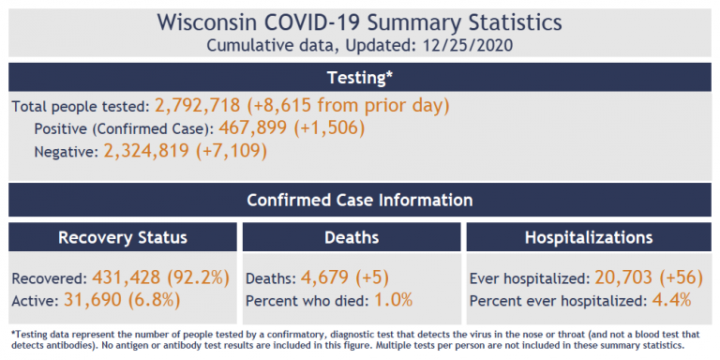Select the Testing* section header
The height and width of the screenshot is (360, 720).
[360, 77]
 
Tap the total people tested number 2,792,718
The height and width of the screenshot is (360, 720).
[198, 106]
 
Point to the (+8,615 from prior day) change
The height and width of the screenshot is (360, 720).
[348, 106]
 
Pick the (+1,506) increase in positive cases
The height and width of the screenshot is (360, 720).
[329, 128]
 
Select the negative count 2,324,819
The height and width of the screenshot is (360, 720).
[146, 151]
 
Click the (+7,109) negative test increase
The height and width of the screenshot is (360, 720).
[231, 151]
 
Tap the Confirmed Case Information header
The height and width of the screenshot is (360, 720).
[360, 201]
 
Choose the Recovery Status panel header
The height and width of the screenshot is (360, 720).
[123, 237]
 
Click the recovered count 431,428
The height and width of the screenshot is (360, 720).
[127, 277]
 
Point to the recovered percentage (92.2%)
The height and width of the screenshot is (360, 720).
[198, 277]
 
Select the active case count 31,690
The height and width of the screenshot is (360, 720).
[92, 299]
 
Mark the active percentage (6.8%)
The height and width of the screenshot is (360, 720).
[154, 299]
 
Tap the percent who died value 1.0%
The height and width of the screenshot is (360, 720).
[394, 300]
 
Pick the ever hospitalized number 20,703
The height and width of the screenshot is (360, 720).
[623, 277]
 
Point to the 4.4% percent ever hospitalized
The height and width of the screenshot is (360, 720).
[672, 300]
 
